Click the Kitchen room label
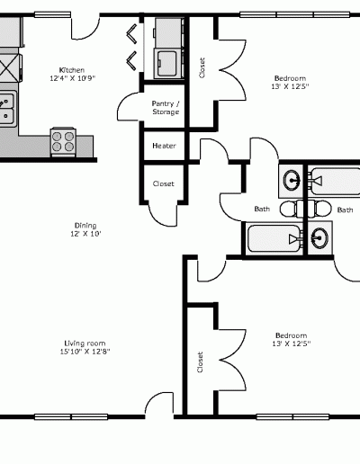tap(72, 70)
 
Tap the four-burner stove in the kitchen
tap(63, 141)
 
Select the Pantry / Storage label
tap(166, 108)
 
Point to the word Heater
tap(164, 146)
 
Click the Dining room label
tap(85, 226)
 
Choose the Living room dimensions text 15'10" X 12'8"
tap(85, 352)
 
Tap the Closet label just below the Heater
tap(164, 183)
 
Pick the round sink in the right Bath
tap(319, 238)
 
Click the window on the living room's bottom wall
tap(71, 416)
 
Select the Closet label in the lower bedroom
tap(201, 362)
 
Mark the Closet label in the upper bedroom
tap(202, 67)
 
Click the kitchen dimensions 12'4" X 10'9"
tap(72, 78)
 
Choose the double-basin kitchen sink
tap(6, 107)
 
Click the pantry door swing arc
tap(129, 106)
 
